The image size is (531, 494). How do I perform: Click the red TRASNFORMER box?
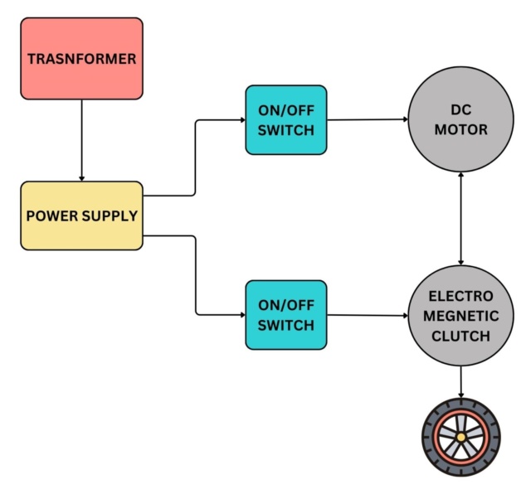click(x=81, y=59)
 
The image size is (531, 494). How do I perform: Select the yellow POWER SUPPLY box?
click(x=81, y=216)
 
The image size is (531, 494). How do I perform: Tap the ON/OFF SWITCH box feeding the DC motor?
click(x=286, y=120)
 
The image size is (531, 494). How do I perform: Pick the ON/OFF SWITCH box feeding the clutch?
click(x=286, y=314)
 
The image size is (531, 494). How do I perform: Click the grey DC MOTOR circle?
click(x=460, y=120)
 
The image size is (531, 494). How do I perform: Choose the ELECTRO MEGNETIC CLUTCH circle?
click(x=460, y=316)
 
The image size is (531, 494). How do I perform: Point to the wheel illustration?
click(x=460, y=435)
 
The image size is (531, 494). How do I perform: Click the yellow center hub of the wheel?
click(x=460, y=436)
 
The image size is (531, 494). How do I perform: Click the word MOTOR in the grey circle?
click(x=460, y=130)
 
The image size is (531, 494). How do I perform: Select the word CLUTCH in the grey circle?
click(x=460, y=336)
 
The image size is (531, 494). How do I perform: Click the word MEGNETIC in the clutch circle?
click(x=460, y=316)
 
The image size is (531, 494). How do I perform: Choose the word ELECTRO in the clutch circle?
click(x=460, y=297)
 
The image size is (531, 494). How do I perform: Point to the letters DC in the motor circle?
click(x=460, y=110)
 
